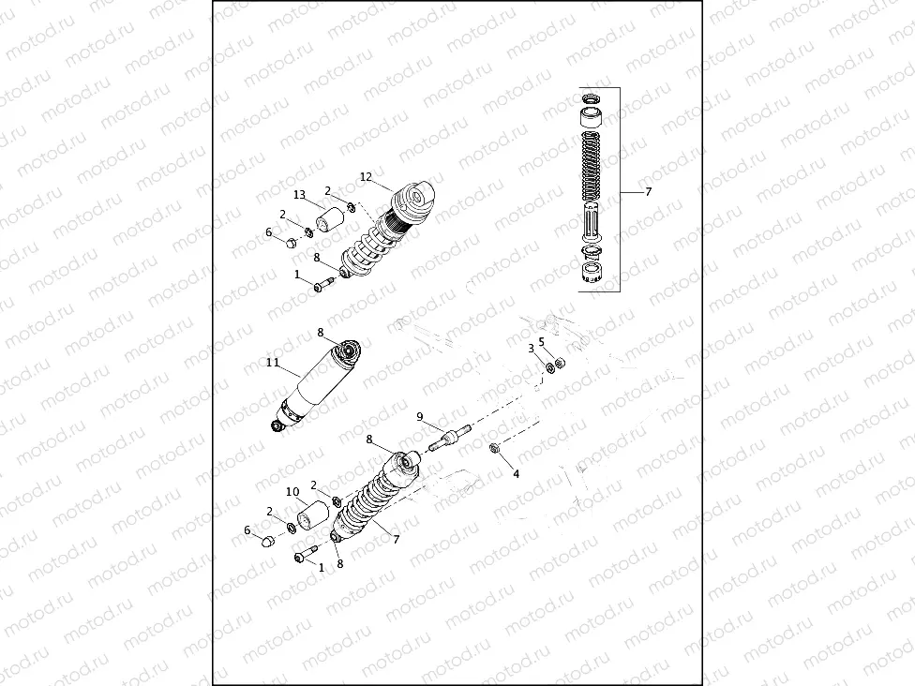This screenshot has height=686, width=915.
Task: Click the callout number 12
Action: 366,176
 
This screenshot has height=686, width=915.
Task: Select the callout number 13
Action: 300,195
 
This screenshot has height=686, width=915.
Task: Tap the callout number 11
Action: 273,362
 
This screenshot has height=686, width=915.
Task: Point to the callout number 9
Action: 420,416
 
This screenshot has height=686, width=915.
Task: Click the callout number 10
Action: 292,491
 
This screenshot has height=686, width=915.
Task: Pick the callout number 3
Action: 531,348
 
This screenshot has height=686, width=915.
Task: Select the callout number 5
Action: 541,341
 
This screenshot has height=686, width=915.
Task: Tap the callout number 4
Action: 516,474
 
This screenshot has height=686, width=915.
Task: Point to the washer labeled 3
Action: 550,365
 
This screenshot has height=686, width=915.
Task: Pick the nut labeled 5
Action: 560,363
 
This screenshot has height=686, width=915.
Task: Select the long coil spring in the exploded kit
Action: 592,165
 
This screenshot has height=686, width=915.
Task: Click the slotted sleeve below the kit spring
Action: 592,225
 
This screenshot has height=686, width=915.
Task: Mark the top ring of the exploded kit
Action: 592,98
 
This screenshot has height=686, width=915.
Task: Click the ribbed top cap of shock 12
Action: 412,198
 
